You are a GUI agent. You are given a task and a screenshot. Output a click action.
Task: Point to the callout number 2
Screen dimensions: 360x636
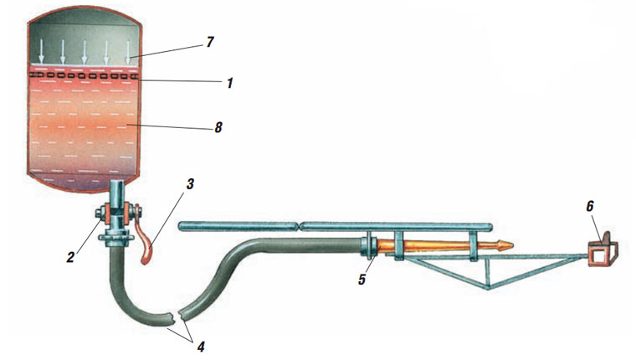(71, 256)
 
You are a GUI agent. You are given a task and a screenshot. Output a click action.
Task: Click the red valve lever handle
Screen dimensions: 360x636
(149, 249)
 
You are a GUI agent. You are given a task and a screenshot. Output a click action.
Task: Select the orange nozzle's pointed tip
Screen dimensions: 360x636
(509, 245)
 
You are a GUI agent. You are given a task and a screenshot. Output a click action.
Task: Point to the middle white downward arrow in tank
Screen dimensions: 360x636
(85, 53)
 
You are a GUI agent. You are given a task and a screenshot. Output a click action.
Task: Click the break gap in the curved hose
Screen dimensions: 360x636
(177, 317)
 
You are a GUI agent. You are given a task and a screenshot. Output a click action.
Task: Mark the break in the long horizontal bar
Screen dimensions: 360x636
(300, 226)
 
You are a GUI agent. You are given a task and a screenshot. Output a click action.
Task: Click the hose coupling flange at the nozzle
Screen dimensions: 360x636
(367, 245)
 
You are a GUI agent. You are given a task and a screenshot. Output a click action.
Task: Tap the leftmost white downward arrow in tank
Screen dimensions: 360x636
(41, 53)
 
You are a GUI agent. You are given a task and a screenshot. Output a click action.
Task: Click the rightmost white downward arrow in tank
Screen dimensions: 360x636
(128, 53)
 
